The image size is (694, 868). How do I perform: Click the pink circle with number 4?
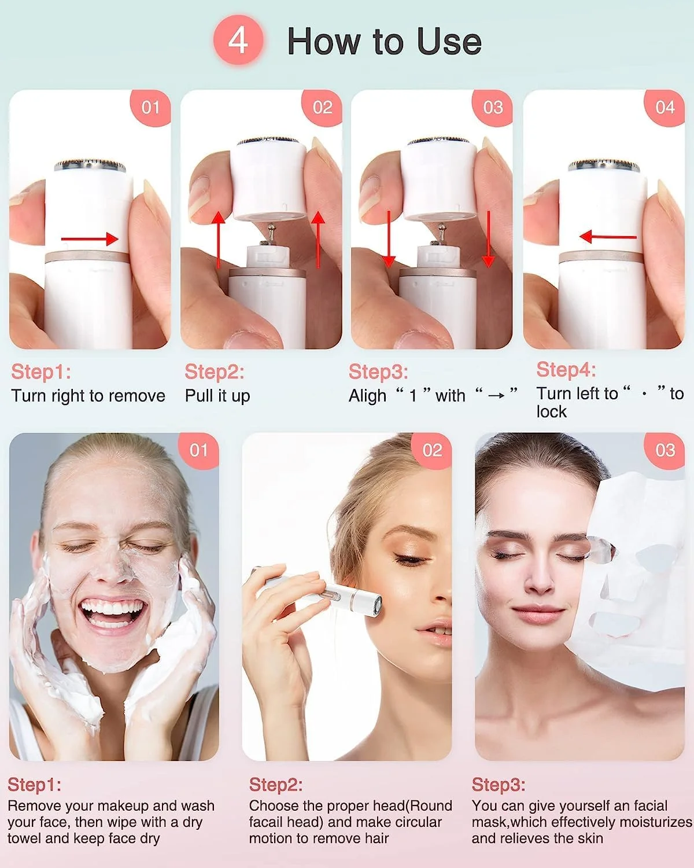(238, 40)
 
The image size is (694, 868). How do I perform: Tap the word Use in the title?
(449, 42)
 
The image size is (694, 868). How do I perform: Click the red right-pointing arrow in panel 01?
(90, 239)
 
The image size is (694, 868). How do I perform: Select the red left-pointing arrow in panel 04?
(608, 237)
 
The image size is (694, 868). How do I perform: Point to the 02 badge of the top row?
(323, 108)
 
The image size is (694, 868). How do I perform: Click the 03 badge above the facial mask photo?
(665, 451)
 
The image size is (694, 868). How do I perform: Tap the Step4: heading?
(566, 369)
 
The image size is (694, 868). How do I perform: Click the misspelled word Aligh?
(367, 396)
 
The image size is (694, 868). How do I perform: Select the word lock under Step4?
(551, 412)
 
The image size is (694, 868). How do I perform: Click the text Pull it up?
(217, 396)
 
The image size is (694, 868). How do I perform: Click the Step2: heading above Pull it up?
(214, 372)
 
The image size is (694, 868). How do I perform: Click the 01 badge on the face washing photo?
(199, 451)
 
